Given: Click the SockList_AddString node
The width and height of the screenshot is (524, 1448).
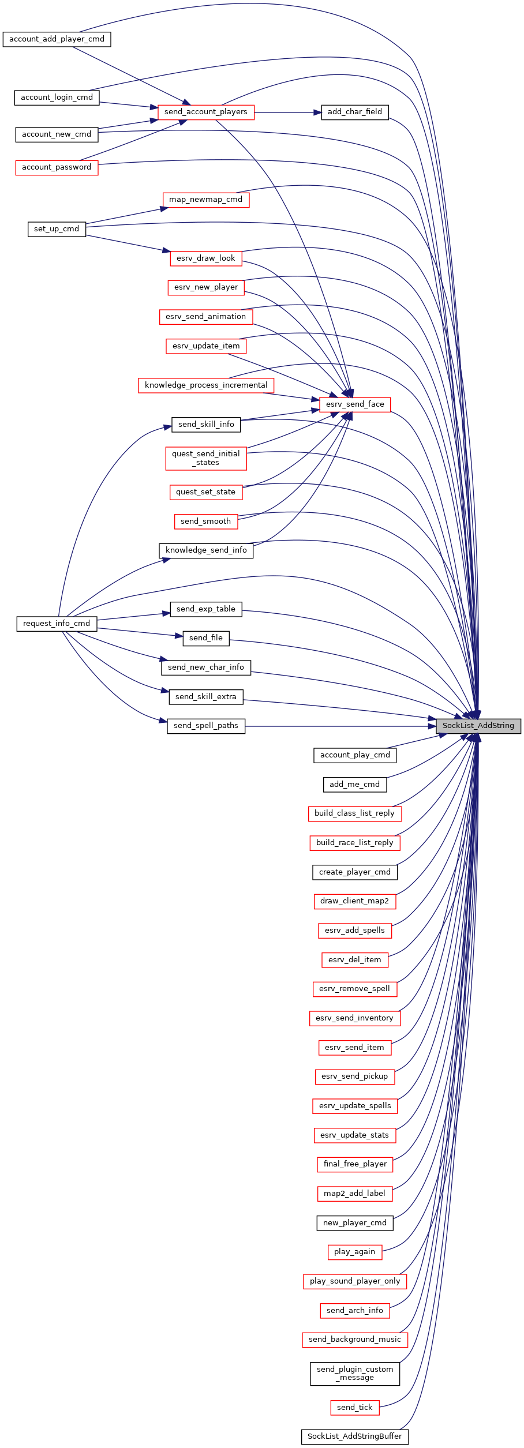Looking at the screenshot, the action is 478,726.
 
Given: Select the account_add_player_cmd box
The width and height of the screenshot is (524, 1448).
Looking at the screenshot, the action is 57,39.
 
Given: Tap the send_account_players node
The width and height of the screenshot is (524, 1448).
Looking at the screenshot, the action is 206,112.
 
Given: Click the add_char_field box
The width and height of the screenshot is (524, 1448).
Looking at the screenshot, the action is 355,112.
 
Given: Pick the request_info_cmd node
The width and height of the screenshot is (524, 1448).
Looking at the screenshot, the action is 57,624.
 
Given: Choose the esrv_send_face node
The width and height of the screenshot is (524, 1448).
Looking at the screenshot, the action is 355,404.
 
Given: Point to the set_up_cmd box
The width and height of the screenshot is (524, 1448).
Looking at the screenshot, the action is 57,229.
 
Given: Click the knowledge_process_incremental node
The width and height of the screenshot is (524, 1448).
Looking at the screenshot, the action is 206,385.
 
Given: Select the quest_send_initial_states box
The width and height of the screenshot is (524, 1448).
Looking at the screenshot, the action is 206,458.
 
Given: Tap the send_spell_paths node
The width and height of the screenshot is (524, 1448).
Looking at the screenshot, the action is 206,726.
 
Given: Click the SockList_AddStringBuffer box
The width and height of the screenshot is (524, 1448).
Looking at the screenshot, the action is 355,1436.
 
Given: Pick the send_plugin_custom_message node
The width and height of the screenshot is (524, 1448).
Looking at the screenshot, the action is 355,1374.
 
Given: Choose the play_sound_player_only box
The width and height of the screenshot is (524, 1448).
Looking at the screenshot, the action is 355,1281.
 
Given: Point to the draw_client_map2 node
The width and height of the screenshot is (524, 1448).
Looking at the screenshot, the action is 355,901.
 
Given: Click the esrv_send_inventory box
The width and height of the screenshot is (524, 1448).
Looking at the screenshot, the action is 355,1018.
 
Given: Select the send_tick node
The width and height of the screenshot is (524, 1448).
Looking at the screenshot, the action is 355,1408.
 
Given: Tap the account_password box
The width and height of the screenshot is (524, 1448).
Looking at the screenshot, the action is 57,167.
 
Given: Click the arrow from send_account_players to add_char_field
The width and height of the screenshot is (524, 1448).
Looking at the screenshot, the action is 287,112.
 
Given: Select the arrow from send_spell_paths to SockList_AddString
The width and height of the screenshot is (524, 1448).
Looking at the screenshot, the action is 340,726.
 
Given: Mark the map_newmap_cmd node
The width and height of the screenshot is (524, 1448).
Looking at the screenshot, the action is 206,200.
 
